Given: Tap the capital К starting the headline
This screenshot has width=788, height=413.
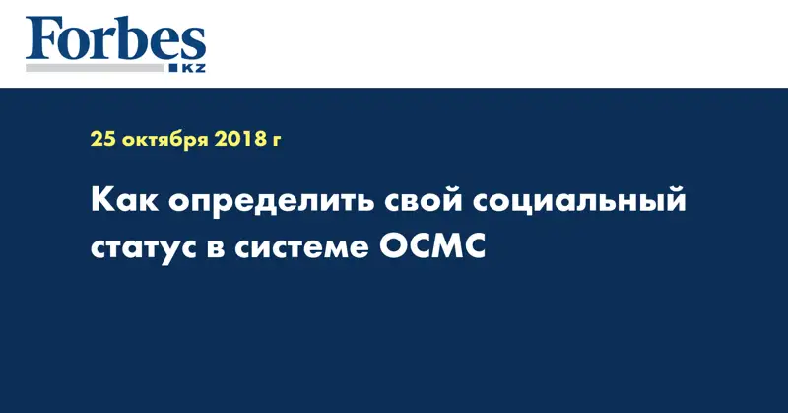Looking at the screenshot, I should [x=102, y=204].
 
